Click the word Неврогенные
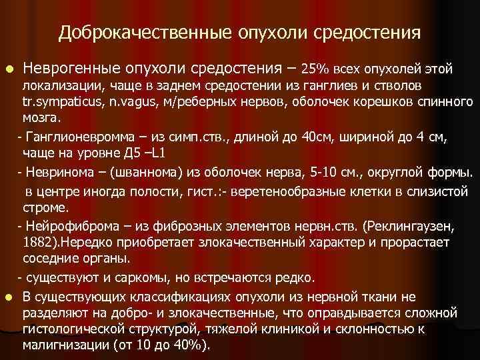[71, 68]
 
